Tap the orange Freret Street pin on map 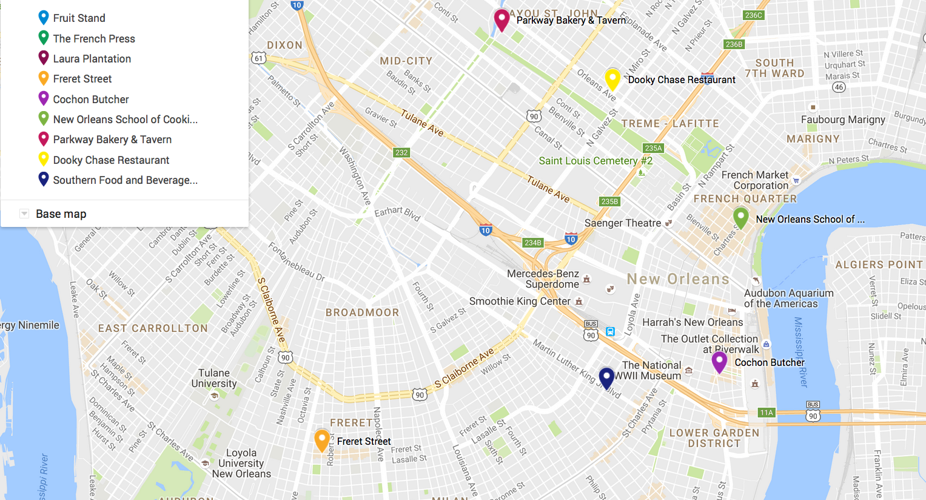point(322,439)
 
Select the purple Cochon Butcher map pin point(719,362)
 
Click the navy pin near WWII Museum point(606,377)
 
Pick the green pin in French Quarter point(740,217)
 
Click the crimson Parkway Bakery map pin point(502,19)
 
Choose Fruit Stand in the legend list point(79,18)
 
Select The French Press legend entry point(94,39)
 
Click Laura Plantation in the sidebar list point(92,59)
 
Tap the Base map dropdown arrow point(24,214)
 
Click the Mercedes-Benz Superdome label point(543,279)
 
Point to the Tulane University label point(214,378)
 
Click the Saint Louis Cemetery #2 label point(596,161)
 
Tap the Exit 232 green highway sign point(401,153)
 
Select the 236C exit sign point(753,15)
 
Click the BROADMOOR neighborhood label point(362,312)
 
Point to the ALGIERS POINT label point(879,265)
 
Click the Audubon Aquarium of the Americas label point(788,299)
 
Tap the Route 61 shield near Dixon point(259,58)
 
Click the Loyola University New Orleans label point(241,463)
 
